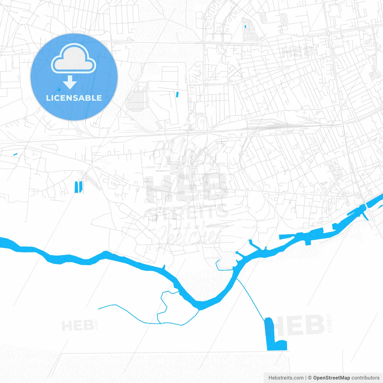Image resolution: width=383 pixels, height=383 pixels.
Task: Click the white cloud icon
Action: click(x=74, y=59)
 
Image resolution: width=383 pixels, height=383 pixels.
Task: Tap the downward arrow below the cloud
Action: click(x=70, y=83)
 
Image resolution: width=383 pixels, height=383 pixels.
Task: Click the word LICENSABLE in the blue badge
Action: click(x=74, y=98)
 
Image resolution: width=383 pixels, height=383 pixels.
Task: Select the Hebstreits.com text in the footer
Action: click(x=286, y=378)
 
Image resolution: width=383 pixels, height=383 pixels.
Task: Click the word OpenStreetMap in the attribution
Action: click(x=331, y=378)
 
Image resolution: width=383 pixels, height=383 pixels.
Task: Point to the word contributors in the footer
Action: click(x=365, y=378)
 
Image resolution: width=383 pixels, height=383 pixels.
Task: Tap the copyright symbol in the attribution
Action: click(x=310, y=378)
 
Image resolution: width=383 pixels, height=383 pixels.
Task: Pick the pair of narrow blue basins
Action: click(x=78, y=187)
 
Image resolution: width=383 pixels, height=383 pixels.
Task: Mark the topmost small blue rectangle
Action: click(x=245, y=27)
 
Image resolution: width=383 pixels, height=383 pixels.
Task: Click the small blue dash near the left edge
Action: click(x=15, y=154)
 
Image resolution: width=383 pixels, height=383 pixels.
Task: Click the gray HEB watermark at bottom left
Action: click(x=77, y=325)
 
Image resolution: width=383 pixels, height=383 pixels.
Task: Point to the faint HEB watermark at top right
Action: click(x=298, y=52)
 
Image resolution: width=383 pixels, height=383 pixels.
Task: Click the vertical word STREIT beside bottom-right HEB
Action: click(x=329, y=323)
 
